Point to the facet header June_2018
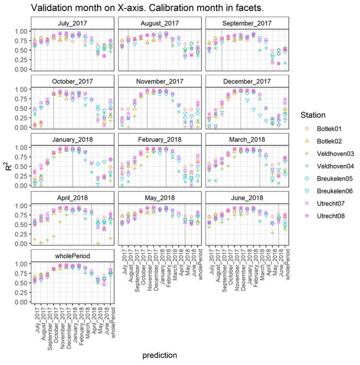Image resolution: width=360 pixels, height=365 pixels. coord(247,197)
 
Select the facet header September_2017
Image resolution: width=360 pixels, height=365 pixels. coord(247,23)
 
